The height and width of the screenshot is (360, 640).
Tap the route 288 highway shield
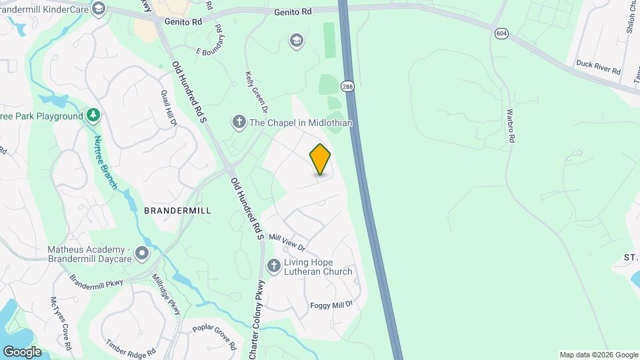pos(347,86)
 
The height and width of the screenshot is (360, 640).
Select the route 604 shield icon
pos(501,33)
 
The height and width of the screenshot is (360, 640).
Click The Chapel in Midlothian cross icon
pos(239,123)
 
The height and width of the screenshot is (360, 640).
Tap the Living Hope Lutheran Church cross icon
pos(273,266)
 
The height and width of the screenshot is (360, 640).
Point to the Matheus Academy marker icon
pos(141,253)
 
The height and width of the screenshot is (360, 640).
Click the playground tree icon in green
pos(94,116)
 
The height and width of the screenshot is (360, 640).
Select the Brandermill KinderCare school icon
pos(99,8)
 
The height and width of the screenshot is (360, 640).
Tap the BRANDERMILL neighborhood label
pos(177,211)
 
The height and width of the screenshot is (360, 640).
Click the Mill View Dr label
pos(286,241)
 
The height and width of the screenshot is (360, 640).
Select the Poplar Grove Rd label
pos(214,337)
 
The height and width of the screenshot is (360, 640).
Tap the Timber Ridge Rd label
pos(131,347)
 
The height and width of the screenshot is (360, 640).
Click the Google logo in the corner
pos(22,351)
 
